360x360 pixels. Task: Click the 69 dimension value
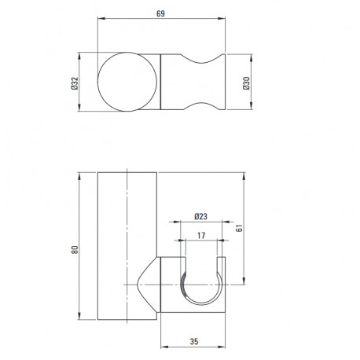click(160, 13)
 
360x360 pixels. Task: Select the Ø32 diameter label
click(75, 83)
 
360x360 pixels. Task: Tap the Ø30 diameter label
click(246, 83)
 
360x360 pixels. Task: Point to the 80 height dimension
click(75, 249)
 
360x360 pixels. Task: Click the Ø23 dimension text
click(200, 216)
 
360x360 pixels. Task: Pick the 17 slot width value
click(201, 236)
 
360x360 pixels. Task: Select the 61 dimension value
click(239, 228)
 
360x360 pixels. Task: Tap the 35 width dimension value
click(194, 341)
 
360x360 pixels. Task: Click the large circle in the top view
click(97, 82)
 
